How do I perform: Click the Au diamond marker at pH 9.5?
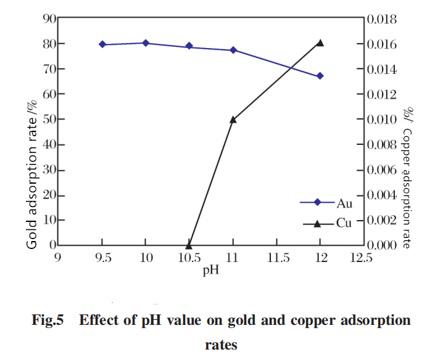point(102,44)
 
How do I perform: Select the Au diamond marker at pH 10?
point(146,43)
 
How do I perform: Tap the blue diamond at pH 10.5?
point(189,46)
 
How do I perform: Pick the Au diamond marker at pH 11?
point(233,50)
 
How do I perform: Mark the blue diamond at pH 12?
point(320,76)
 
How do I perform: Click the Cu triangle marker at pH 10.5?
point(189,245)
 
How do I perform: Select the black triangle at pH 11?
point(233,120)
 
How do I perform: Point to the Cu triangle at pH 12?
point(320,43)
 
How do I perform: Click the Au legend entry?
point(326,203)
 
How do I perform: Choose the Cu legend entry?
point(327,223)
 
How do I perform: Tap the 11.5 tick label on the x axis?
point(278,258)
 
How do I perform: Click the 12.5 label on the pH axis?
point(361,258)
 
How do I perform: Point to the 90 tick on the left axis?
point(49,19)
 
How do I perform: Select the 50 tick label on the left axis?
point(49,120)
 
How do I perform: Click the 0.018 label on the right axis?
point(382,19)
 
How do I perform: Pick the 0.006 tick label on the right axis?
point(382,170)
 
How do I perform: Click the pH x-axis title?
point(211,270)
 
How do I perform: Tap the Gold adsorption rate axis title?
point(31,174)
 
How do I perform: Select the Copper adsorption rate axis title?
point(407,178)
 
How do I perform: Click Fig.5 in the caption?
point(48,320)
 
